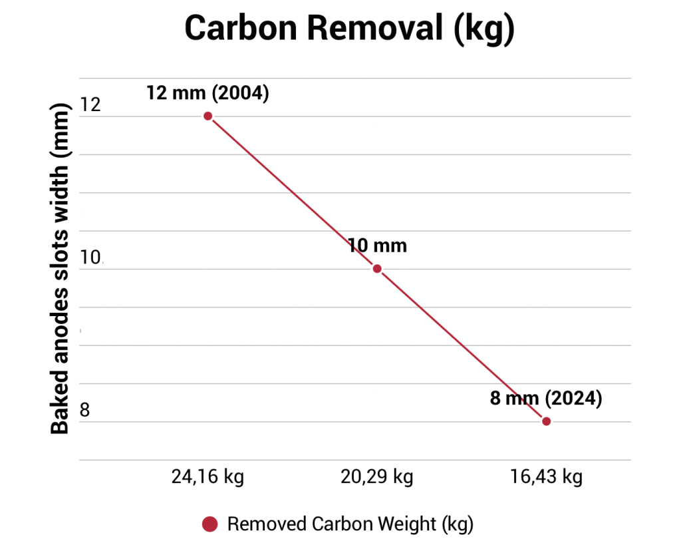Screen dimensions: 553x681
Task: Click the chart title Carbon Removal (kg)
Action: [348, 29]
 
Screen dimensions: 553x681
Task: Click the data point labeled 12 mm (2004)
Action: [207, 116]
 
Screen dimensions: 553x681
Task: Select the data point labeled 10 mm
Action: [377, 269]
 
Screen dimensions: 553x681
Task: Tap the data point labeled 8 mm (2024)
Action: [546, 421]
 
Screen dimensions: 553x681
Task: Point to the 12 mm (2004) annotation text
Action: [207, 93]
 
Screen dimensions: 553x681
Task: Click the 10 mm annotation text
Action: [377, 246]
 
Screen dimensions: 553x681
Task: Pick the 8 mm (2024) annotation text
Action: [545, 399]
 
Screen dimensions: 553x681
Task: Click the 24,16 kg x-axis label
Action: [207, 477]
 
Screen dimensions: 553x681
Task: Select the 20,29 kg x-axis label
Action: [377, 477]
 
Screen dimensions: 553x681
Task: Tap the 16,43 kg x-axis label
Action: [546, 477]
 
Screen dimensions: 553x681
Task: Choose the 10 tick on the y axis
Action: [90, 258]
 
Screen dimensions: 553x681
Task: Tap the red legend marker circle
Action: [210, 524]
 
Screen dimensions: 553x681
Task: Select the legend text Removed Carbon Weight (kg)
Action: [350, 524]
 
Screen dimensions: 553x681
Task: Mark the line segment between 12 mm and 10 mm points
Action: [293, 192]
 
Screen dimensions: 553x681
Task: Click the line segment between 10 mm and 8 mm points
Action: [462, 345]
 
